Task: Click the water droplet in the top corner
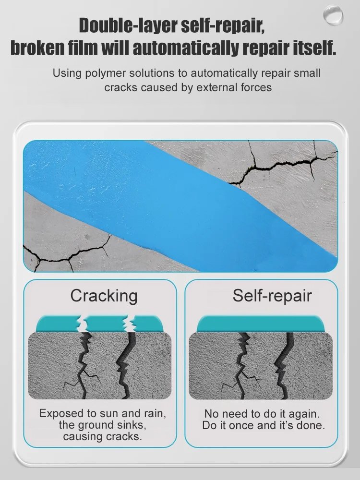click(333, 15)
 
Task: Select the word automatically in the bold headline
click(185, 48)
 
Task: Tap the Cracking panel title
click(104, 296)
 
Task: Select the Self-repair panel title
click(272, 296)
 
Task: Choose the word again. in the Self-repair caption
click(304, 414)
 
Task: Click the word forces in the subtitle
click(256, 87)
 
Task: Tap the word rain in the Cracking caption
click(155, 414)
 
